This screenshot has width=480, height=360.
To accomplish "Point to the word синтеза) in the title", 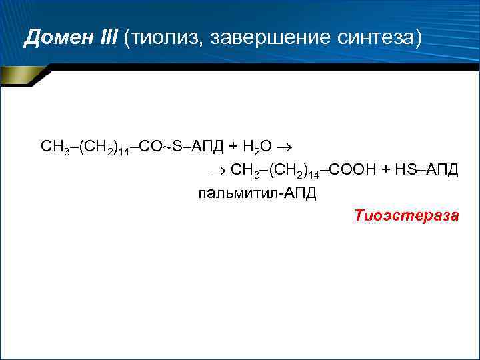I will [x=378, y=38].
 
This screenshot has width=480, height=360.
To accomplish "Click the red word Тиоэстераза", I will [x=406, y=215].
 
